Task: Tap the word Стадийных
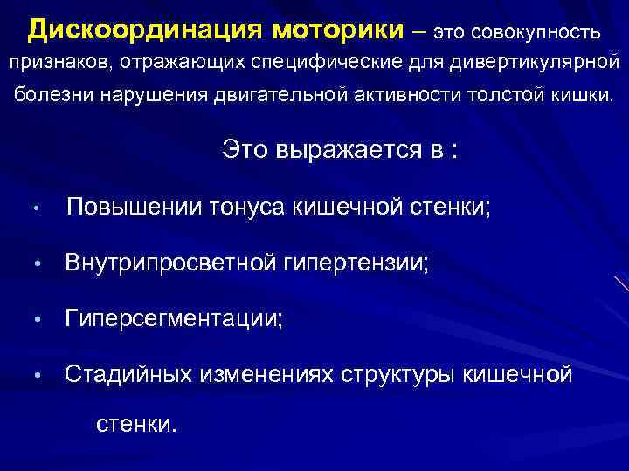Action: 130,375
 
